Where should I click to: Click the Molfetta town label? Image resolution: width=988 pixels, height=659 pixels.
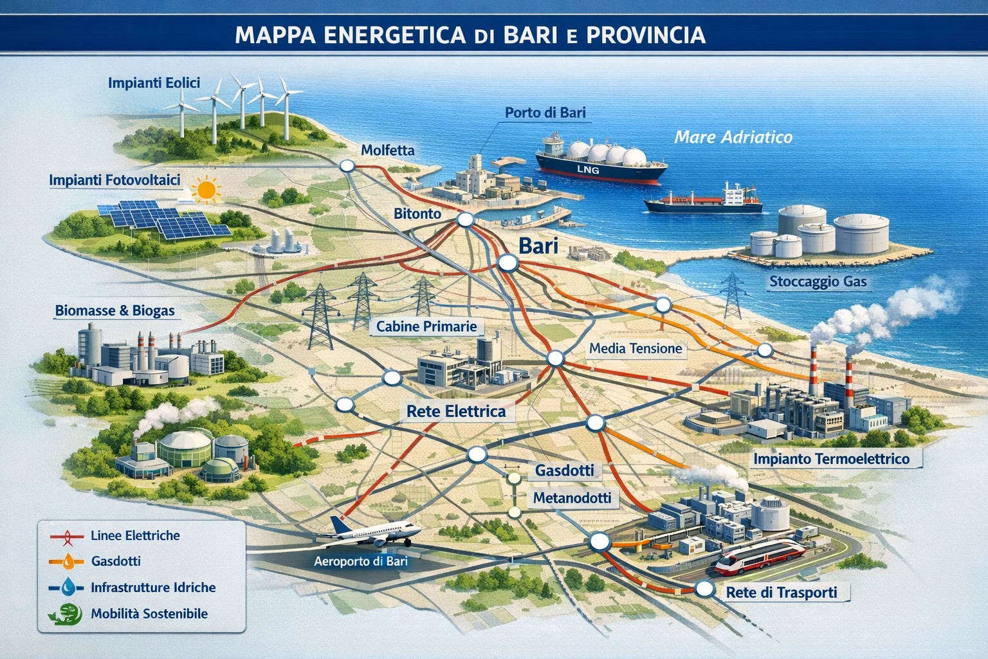[387, 151]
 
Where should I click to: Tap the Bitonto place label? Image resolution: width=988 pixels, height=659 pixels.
[417, 214]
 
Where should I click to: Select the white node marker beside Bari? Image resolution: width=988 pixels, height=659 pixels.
[508, 263]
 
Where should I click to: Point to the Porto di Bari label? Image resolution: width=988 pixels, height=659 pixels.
[545, 113]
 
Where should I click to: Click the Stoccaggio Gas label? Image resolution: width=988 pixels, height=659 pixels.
[818, 282]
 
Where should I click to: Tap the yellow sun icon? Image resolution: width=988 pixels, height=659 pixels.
[206, 190]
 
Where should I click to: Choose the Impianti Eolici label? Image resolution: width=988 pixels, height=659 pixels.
[154, 83]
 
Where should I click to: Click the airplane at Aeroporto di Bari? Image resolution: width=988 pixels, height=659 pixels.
[373, 532]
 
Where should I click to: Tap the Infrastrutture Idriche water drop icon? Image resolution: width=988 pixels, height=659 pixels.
[68, 587]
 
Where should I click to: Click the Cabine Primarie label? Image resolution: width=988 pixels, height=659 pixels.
[426, 327]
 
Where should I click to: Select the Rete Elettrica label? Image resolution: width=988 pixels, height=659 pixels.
[456, 412]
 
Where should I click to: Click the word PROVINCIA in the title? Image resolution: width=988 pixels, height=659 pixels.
[646, 35]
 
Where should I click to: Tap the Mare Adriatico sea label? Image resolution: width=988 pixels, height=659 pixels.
[733, 137]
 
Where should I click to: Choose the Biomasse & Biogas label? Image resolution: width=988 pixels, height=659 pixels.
[114, 311]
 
